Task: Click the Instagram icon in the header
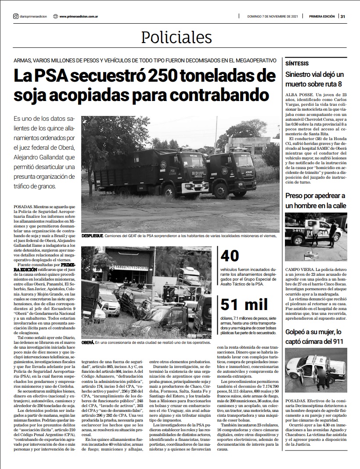pyautogui.click(x=15, y=17)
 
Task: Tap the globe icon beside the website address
pyautogui.click(x=55, y=17)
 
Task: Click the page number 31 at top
pyautogui.click(x=343, y=17)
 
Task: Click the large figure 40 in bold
pyautogui.click(x=229, y=256)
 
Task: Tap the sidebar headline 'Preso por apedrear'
pyautogui.click(x=315, y=200)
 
